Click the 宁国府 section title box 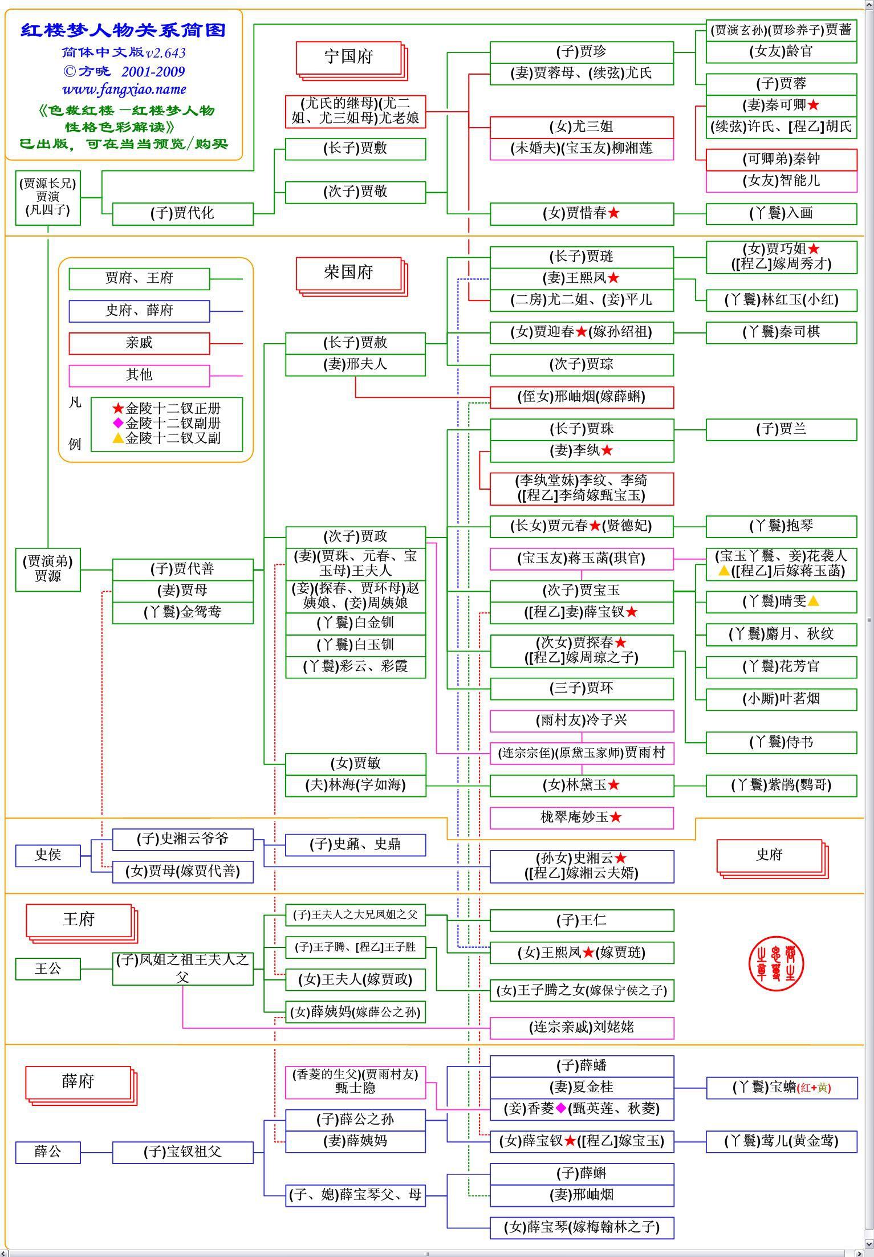(348, 57)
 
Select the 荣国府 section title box (348, 272)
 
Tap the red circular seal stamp (775, 963)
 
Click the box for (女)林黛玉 (582, 785)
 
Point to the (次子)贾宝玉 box (582, 591)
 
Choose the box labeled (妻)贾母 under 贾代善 (182, 591)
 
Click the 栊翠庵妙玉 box (582, 817)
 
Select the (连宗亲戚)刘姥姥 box (582, 1027)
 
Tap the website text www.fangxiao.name (124, 90)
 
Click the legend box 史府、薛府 (139, 311)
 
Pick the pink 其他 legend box (139, 375)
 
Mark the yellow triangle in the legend (118, 438)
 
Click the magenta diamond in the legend (118, 423)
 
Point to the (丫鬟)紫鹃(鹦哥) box (781, 785)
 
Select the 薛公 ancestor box (48, 1152)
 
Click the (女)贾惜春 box (582, 214)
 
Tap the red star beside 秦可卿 (814, 105)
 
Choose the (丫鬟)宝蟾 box (781, 1087)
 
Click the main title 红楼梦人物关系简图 (124, 30)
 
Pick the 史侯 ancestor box (48, 855)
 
